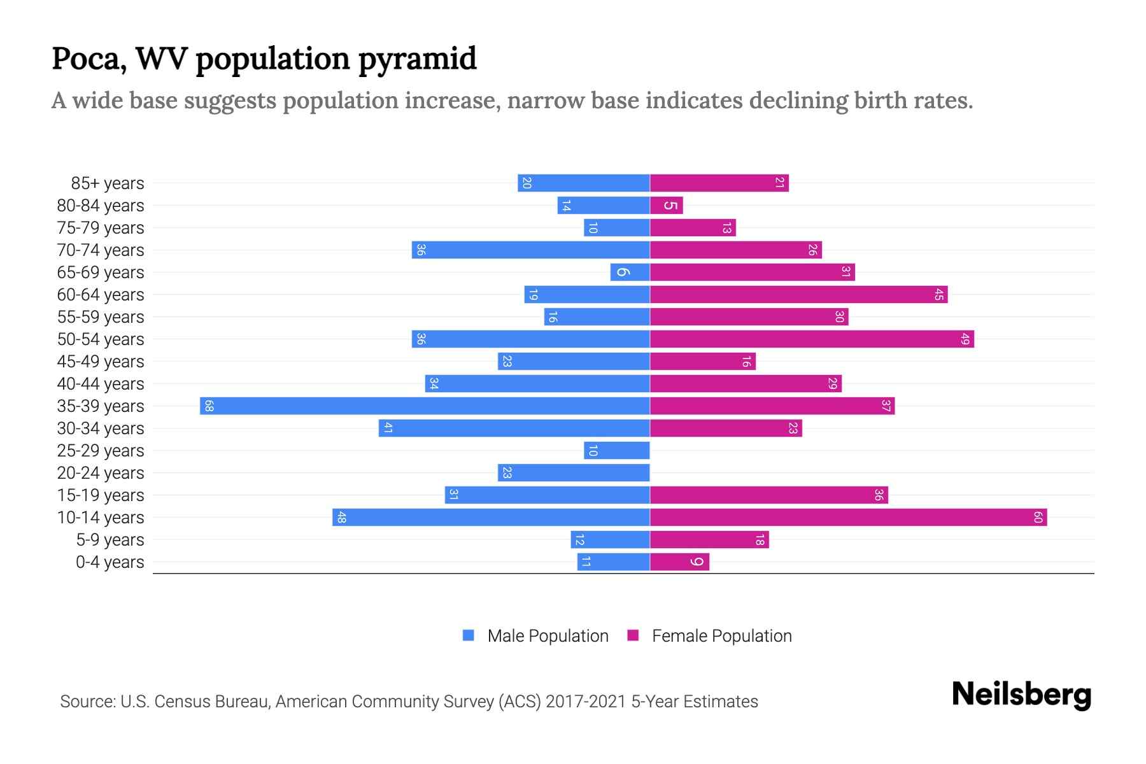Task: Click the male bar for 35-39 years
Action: pos(425,406)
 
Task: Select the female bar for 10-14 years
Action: pos(848,518)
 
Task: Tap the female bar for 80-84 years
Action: pos(666,206)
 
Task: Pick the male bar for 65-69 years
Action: pos(630,272)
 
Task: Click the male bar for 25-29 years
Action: pos(616,451)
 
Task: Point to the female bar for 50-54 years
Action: pos(812,339)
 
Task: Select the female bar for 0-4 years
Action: pos(679,562)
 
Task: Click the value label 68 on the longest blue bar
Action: pos(209,406)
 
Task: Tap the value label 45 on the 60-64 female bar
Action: pos(938,295)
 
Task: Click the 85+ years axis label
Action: pos(108,183)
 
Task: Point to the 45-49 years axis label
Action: pos(101,362)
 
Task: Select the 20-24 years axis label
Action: pos(101,473)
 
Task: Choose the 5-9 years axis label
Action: pos(110,540)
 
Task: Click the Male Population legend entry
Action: pos(547,636)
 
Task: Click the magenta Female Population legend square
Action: pos(633,635)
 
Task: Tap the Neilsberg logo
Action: pos(1021,695)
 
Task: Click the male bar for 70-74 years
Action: pos(530,250)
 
